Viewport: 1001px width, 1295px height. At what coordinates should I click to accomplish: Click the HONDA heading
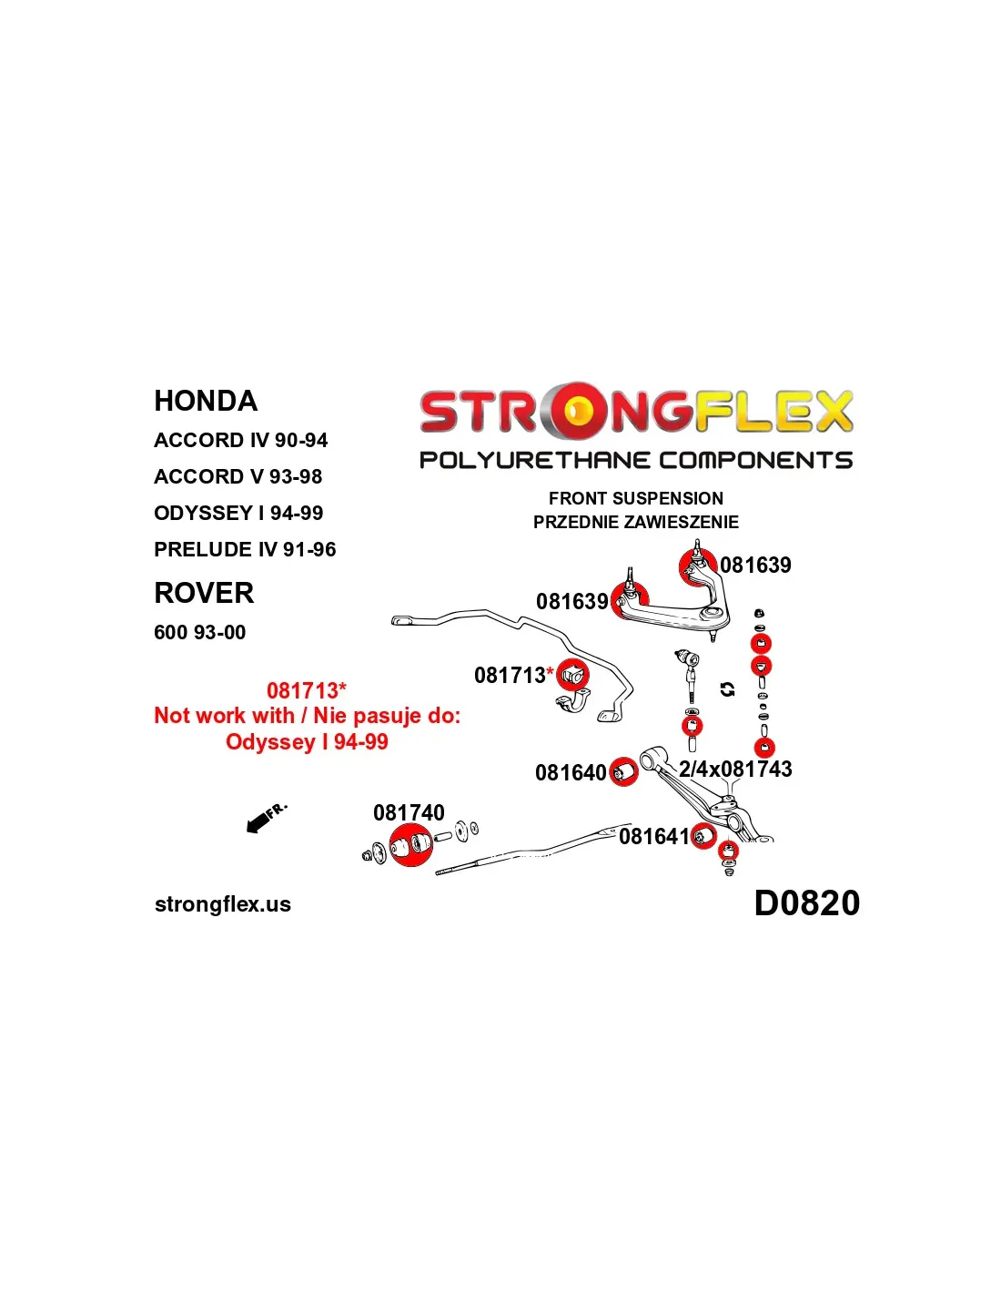point(206,401)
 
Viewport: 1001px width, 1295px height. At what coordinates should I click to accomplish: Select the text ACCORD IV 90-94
point(240,440)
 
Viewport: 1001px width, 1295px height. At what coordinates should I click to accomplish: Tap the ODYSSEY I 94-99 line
point(238,513)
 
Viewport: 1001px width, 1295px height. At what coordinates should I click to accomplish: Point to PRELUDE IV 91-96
point(245,549)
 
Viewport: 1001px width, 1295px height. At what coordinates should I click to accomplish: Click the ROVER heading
point(204,593)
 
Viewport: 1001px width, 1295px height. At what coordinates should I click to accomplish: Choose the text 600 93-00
point(199,632)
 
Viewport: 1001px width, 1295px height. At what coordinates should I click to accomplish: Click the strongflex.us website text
point(223,904)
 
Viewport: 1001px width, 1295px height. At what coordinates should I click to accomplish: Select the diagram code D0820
point(806,903)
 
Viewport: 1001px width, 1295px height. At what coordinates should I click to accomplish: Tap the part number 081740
point(409,812)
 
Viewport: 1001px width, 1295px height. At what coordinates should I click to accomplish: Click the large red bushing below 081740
point(411,845)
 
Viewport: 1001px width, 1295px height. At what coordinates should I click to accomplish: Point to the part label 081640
point(571,772)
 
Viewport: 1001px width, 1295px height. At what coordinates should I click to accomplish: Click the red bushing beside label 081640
point(622,772)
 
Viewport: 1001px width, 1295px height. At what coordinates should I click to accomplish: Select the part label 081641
point(653,836)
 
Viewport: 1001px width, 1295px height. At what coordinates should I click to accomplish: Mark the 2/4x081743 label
point(735,770)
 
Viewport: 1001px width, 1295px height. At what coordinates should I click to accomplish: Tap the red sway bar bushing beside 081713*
point(572,675)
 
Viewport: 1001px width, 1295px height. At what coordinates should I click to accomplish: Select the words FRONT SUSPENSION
point(636,498)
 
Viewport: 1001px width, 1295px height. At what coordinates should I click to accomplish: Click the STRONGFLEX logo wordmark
point(636,412)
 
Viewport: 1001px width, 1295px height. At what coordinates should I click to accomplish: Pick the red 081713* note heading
point(307,690)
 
